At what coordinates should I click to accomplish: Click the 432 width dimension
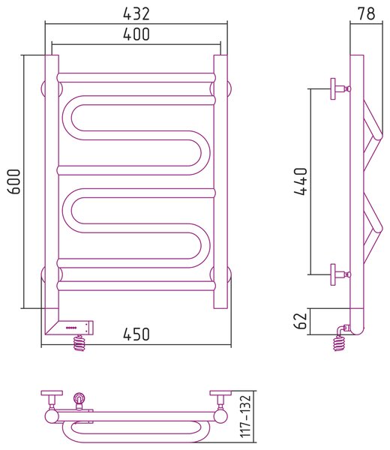136,13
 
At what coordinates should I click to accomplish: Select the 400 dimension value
136,34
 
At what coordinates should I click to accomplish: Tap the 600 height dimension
13,181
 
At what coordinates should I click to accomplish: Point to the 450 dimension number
136,334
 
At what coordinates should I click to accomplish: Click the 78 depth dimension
366,13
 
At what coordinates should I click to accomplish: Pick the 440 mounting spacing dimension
301,181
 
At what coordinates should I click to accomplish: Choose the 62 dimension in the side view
301,321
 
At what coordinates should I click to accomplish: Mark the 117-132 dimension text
246,416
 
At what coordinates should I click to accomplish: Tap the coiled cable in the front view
79,343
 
